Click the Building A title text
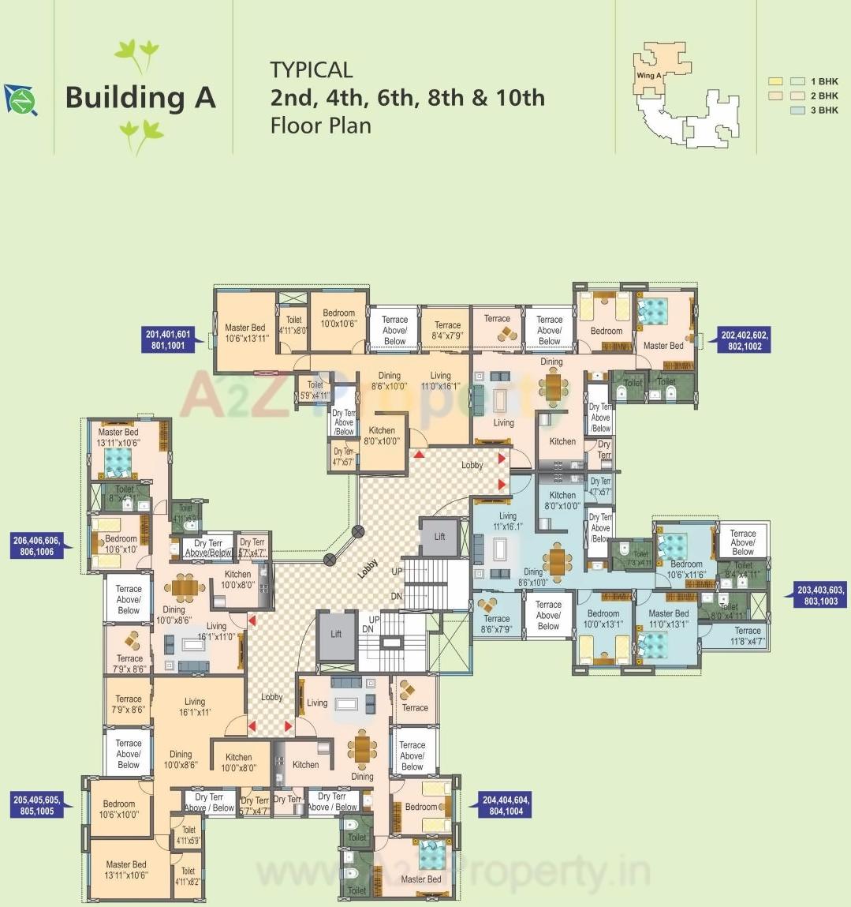click(140, 97)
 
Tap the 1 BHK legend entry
click(827, 81)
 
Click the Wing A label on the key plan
click(648, 76)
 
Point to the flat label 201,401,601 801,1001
click(168, 340)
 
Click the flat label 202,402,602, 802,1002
click(744, 340)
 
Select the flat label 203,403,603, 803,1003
click(820, 595)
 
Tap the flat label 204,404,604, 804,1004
click(506, 805)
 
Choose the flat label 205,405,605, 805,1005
click(37, 805)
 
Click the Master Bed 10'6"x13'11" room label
click(246, 332)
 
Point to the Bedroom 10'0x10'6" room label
click(339, 318)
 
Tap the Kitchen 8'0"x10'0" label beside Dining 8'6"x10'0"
click(383, 436)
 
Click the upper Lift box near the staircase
click(439, 537)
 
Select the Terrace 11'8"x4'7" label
click(747, 636)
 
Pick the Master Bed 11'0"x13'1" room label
click(668, 618)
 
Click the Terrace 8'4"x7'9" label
click(447, 330)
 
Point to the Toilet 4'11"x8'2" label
click(188, 876)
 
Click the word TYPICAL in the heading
click(312, 69)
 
